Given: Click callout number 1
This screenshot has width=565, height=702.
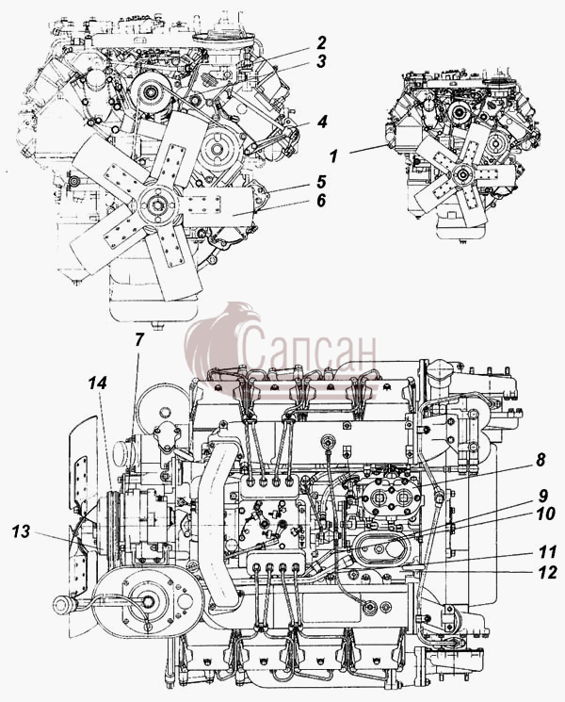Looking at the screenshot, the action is tap(333, 156).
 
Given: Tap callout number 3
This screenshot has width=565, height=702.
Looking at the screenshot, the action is tap(321, 61).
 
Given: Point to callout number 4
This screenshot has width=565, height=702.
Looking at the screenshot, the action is tap(322, 122).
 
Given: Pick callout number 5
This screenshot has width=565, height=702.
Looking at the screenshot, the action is tap(321, 182).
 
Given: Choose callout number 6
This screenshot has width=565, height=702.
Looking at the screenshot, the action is tap(321, 201).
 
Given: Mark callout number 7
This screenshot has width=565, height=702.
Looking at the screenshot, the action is tap(139, 340).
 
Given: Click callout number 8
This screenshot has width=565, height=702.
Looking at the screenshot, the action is tap(541, 460).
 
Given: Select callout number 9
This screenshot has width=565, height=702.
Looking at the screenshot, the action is tap(542, 496).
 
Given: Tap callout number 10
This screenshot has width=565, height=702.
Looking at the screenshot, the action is tap(545, 514).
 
